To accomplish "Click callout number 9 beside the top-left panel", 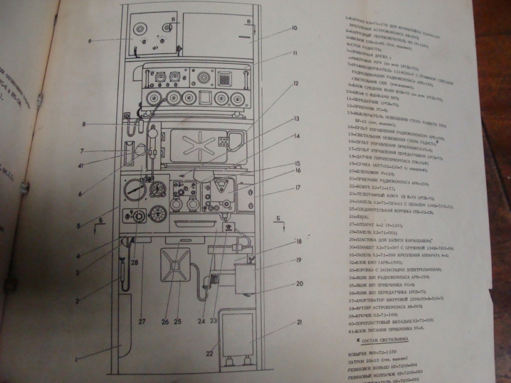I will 89,41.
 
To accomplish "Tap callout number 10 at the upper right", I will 294,28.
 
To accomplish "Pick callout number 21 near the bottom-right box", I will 300,322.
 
